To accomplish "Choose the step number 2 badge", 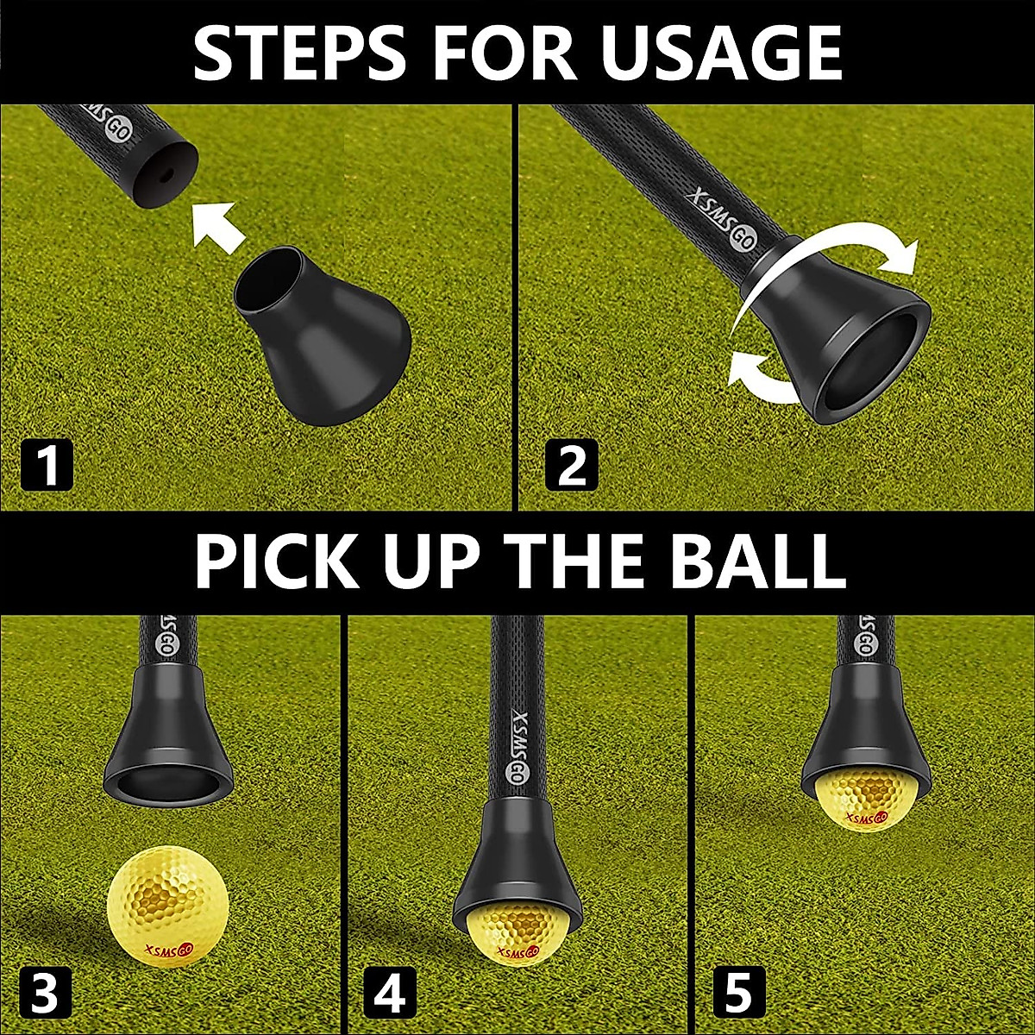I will click(571, 466).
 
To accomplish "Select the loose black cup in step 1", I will click(323, 332).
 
